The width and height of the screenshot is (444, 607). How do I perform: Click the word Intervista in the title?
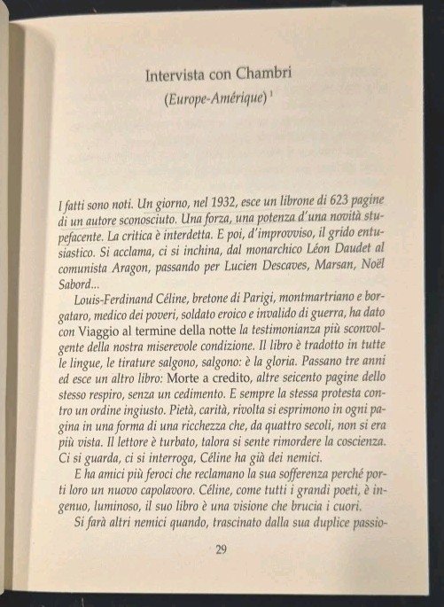[176, 76]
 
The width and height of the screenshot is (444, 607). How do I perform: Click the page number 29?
[222, 549]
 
